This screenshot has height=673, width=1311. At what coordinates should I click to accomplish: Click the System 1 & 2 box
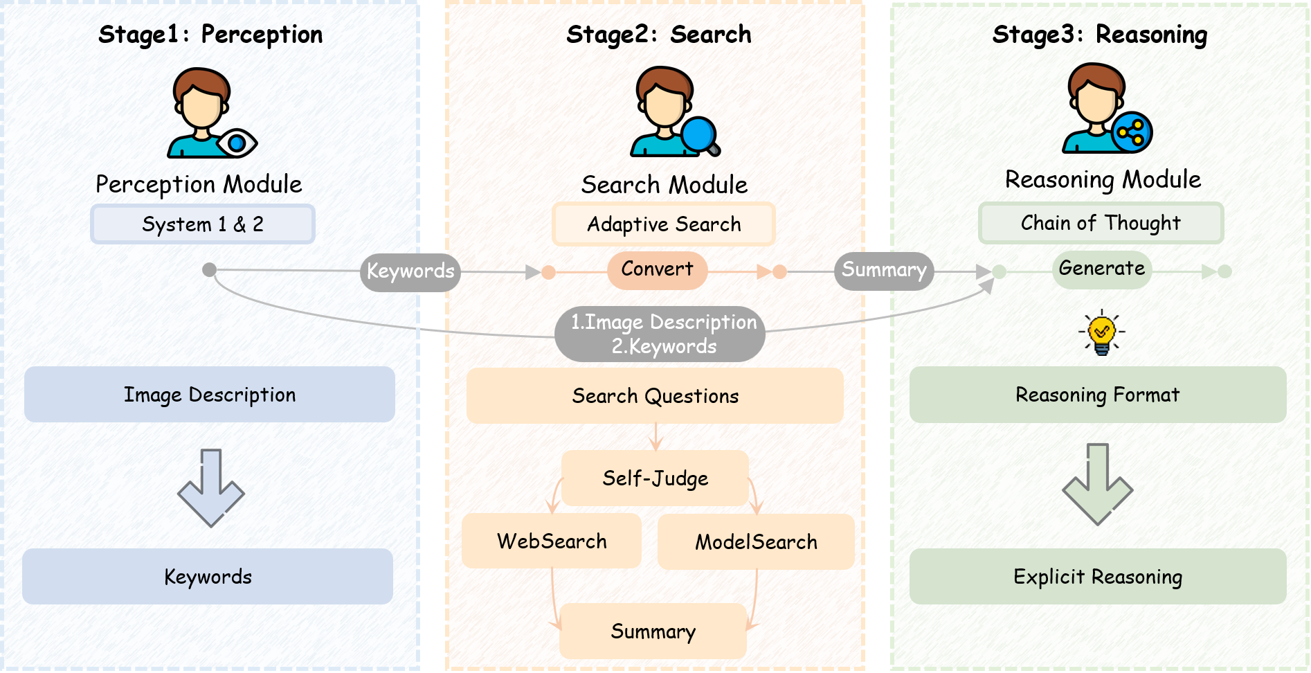pyautogui.click(x=203, y=224)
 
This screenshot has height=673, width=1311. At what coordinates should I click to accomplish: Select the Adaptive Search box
pyautogui.click(x=664, y=224)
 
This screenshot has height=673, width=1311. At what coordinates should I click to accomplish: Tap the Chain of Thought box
pyautogui.click(x=1101, y=223)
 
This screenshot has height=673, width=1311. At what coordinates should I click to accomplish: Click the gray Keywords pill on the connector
pyautogui.click(x=410, y=271)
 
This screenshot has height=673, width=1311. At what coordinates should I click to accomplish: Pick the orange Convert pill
pyautogui.click(x=657, y=269)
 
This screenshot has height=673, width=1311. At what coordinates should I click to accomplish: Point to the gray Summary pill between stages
pyautogui.click(x=884, y=270)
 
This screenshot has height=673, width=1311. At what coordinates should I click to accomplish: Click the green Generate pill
pyautogui.click(x=1102, y=269)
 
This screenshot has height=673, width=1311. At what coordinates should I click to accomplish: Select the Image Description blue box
pyautogui.click(x=210, y=395)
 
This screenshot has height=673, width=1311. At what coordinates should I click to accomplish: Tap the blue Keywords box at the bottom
pyautogui.click(x=208, y=577)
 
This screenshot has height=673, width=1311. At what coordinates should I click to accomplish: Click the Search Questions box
pyautogui.click(x=655, y=396)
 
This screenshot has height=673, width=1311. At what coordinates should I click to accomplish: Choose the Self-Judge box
pyautogui.click(x=655, y=478)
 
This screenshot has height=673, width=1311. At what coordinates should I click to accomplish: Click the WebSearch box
pyautogui.click(x=552, y=541)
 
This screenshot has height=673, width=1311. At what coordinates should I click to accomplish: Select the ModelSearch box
pyautogui.click(x=756, y=542)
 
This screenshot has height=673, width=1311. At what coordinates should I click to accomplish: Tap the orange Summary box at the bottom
pyautogui.click(x=653, y=631)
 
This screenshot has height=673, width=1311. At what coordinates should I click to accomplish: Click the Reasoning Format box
pyautogui.click(x=1098, y=395)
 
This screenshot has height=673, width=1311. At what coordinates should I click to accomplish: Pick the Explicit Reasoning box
pyautogui.click(x=1098, y=577)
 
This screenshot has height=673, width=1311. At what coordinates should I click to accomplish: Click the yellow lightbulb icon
pyautogui.click(x=1101, y=332)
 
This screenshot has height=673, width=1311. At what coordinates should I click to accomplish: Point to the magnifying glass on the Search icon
pyautogui.click(x=701, y=136)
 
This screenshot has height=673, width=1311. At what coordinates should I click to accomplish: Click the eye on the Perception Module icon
pyautogui.click(x=237, y=143)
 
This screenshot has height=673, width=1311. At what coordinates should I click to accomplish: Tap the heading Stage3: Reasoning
pyautogui.click(x=1100, y=35)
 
